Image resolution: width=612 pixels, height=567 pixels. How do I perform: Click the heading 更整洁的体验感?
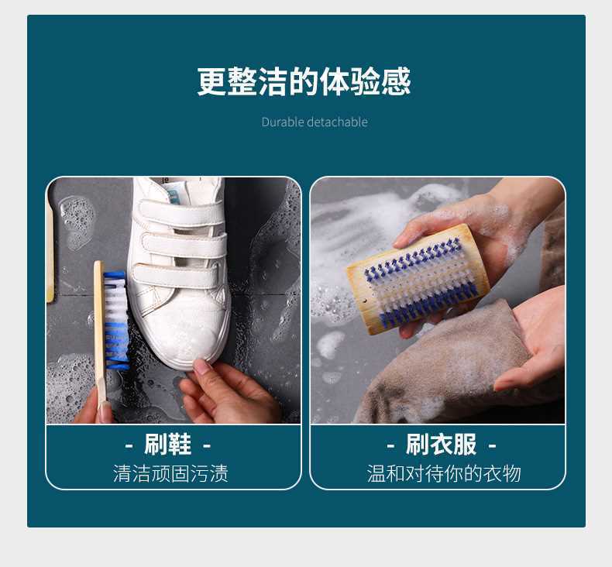[x=304, y=81]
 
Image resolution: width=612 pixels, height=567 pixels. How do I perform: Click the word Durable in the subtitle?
[x=283, y=122]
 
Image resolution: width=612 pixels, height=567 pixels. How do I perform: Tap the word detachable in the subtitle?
[x=337, y=122]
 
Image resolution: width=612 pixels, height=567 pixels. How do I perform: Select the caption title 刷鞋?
[x=168, y=444]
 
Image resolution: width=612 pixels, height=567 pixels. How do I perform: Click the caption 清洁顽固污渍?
[x=170, y=473]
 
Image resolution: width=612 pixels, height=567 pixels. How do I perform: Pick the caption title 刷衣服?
[x=441, y=444]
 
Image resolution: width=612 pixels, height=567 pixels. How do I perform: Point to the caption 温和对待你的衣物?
[x=444, y=473]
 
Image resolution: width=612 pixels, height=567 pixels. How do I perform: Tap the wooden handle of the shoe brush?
[x=100, y=335]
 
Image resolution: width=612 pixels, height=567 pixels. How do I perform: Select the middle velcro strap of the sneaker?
[x=184, y=246]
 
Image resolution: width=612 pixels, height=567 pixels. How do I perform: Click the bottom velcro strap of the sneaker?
[x=177, y=276]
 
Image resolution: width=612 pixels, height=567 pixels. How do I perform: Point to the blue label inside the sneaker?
[x=174, y=193]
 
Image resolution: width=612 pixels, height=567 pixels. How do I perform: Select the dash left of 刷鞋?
[x=129, y=445]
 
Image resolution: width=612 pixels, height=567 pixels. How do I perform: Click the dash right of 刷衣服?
[x=493, y=445]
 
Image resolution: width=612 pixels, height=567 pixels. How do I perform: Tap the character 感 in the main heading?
[x=396, y=81]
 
